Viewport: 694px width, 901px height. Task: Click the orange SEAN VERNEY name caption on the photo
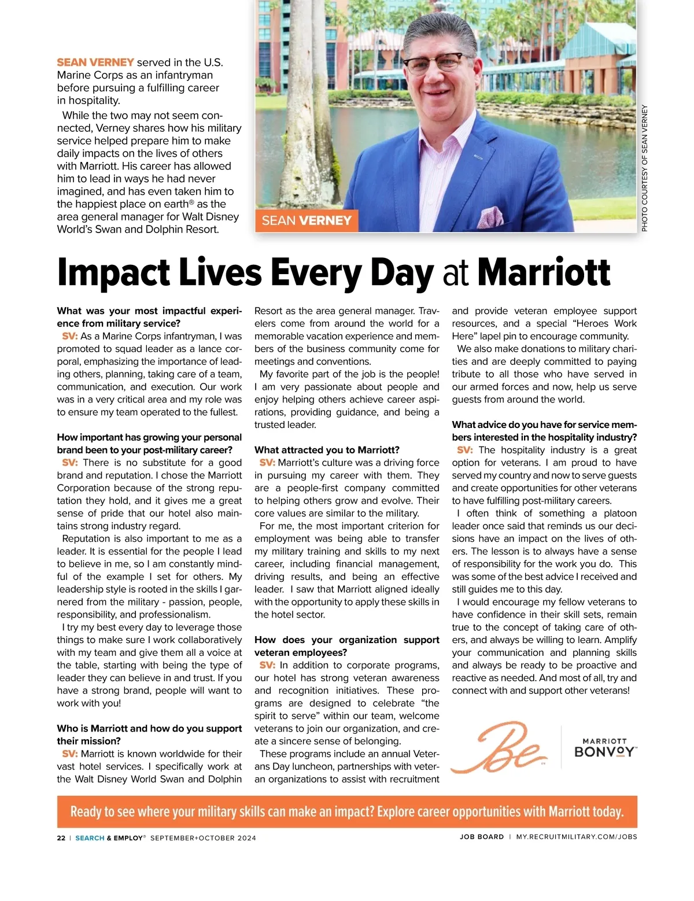point(307,220)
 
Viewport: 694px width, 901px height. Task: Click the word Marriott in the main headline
point(544,272)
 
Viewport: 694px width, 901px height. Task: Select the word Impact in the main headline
point(113,272)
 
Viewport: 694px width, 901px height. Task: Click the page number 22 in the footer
point(61,837)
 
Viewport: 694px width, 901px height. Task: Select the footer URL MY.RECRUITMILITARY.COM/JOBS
point(576,837)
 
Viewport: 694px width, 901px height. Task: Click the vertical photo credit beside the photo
point(644,168)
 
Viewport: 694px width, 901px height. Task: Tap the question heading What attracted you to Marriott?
point(327,450)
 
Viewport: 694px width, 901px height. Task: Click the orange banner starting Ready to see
point(347,811)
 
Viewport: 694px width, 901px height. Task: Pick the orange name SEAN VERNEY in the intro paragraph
point(95,62)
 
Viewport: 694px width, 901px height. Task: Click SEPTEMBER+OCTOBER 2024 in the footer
point(203,837)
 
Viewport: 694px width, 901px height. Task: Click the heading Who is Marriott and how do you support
point(149,729)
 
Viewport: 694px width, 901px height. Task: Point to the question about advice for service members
point(544,431)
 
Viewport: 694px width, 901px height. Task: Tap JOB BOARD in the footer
point(482,837)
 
